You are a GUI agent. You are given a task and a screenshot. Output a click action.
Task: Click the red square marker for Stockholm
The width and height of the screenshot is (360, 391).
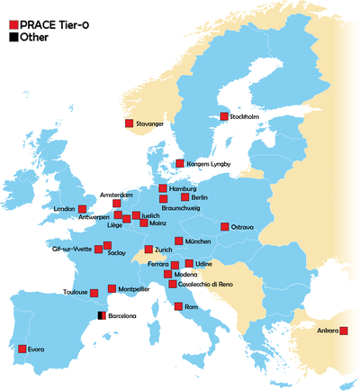coord(224,116)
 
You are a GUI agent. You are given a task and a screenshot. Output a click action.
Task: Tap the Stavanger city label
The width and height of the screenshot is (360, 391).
coord(149,124)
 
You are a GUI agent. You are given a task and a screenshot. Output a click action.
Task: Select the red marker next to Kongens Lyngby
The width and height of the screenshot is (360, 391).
coord(180,163)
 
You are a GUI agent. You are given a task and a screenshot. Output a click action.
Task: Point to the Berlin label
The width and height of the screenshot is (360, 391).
coord(200,197)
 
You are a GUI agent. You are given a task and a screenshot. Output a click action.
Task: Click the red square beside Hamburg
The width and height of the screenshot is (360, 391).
coord(163,189)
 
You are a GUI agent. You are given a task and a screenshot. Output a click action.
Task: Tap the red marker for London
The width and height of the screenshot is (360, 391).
coord(82,209)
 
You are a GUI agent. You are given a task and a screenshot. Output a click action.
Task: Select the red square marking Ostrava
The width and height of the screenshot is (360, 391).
coord(224,227)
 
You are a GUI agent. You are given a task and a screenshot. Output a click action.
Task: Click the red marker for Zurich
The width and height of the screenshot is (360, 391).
coord(148,250)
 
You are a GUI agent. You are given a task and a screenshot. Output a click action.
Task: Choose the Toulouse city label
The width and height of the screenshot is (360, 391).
coord(76,292)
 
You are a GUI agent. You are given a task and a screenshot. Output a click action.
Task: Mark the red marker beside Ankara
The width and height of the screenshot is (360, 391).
coord(345,331)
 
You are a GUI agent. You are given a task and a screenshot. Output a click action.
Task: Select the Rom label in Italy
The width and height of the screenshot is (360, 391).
coord(192,307)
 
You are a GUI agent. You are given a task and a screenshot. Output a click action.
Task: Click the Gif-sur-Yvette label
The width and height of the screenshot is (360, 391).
coord(69,246)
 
